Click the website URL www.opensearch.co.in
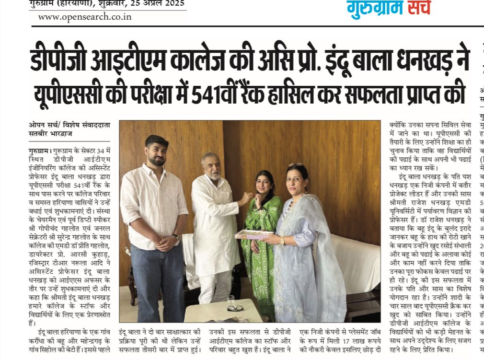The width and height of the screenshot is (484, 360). [84, 17]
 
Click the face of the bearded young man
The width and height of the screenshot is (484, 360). [157, 152]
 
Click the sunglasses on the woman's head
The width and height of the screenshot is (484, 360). [296, 165]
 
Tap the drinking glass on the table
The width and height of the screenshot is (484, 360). [230, 302]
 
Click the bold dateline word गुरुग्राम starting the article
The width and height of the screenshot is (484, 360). [38, 150]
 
